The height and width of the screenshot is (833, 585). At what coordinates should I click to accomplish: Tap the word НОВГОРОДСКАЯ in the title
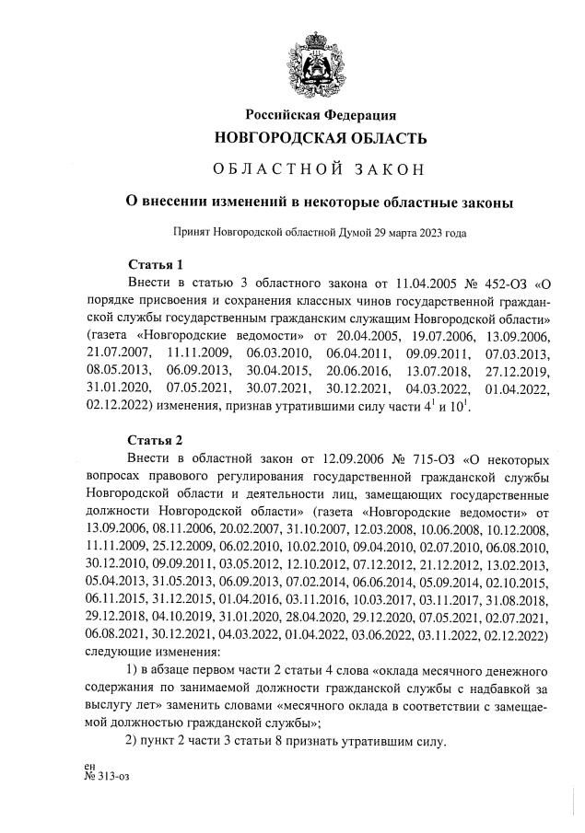(x=281, y=139)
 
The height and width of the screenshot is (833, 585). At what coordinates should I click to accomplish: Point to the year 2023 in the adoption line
(x=427, y=233)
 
